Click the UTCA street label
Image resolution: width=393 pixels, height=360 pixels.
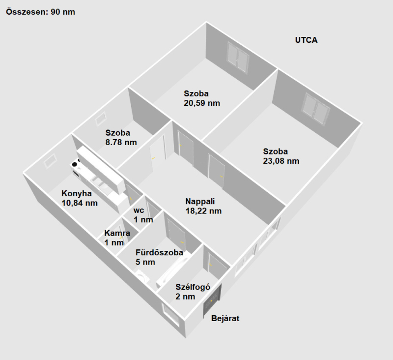306,40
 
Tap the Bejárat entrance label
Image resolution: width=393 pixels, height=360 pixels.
225,318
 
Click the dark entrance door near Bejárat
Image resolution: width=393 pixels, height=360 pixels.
212,300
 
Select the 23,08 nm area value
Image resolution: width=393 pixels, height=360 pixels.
281,161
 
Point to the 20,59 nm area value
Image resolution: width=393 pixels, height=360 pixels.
202,103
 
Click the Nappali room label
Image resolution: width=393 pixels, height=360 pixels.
200,202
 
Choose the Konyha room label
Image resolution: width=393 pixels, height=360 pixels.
77,194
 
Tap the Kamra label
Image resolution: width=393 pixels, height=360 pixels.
117,233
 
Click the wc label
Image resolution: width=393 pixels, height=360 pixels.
139,210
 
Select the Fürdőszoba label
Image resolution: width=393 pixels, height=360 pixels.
159,252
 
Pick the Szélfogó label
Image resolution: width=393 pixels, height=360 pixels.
193,287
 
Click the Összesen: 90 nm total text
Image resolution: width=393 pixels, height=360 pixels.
41,12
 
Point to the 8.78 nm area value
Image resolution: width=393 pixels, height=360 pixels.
121,143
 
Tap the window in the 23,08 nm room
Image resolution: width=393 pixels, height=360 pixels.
315,109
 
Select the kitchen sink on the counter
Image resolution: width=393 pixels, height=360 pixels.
99,182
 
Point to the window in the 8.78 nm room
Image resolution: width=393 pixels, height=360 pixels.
101,119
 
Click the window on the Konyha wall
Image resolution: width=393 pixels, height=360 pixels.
51,160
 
